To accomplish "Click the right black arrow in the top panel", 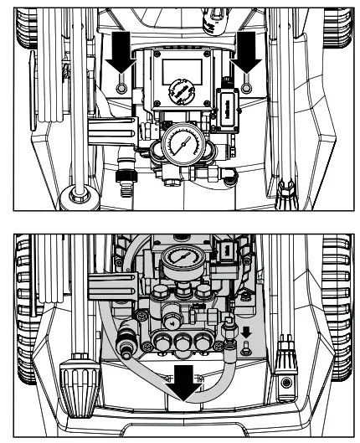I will pyautogui.click(x=247, y=54).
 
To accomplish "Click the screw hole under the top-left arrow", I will pyautogui.click(x=122, y=87).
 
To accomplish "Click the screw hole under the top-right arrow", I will pyautogui.click(x=248, y=87).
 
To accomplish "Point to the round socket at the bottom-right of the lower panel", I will pyautogui.click(x=287, y=382).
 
